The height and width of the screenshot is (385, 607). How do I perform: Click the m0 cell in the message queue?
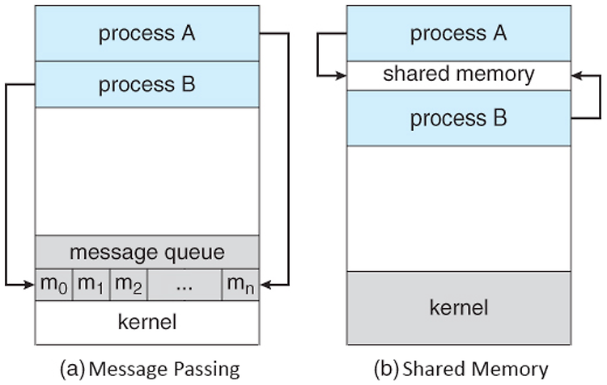point(53,285)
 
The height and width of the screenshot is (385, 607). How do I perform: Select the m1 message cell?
point(91,285)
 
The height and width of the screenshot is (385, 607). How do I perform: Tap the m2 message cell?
point(129,285)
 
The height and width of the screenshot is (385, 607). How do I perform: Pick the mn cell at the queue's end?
point(240,285)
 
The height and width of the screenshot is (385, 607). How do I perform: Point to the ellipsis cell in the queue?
point(185,285)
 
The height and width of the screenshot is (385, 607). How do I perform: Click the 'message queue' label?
point(147,252)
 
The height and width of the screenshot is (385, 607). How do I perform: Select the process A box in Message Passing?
point(147,33)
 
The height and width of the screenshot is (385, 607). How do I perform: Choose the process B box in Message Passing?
point(147,84)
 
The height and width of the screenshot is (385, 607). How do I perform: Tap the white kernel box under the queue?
point(147,323)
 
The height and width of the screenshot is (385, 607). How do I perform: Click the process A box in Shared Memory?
point(459,33)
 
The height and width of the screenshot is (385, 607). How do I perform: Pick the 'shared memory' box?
point(459,76)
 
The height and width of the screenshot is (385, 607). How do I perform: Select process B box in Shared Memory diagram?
point(459,118)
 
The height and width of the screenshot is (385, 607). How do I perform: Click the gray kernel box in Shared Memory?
point(459,308)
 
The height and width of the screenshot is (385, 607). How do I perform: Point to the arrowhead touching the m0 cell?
point(29,285)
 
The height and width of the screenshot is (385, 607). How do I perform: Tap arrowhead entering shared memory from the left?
point(341,75)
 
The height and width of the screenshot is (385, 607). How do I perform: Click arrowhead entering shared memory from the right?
point(577,75)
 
